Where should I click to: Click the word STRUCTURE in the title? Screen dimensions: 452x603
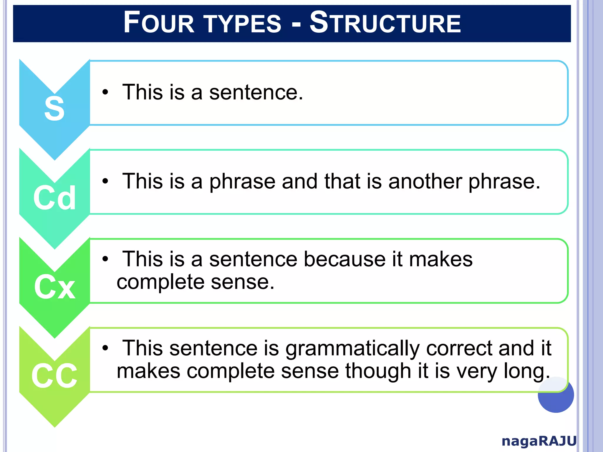coord(385,23)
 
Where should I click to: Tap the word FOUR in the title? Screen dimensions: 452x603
coord(159,23)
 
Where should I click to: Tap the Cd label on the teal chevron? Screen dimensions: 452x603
coord(54,198)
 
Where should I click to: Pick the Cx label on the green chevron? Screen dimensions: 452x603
coord(54,287)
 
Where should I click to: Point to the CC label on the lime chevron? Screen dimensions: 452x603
coord(54,376)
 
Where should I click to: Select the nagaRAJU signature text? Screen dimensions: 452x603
coord(539,441)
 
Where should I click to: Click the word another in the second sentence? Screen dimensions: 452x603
coord(425,181)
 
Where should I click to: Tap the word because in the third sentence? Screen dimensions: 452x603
coord(344,259)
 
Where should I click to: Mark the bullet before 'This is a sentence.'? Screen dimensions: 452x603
coord(105,92)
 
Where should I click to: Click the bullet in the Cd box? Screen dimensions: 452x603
coord(105,181)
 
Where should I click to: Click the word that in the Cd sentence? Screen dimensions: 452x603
coord(342,181)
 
